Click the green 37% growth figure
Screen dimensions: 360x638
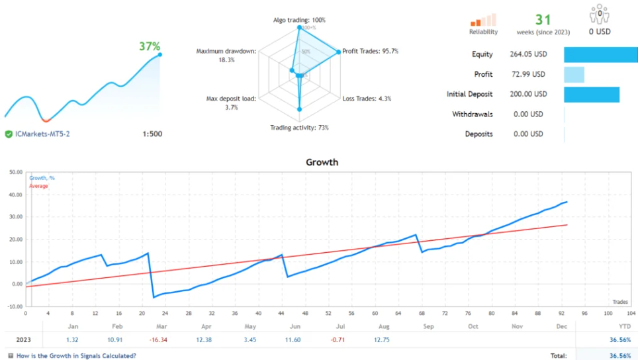coord(149,46)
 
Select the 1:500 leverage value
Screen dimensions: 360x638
coord(152,134)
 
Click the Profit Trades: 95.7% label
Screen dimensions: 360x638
coord(370,51)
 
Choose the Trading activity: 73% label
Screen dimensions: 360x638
coord(299,128)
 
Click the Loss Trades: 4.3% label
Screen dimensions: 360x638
coord(367,99)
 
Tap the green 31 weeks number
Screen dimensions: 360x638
coord(543,21)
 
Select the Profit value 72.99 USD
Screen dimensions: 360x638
coord(529,74)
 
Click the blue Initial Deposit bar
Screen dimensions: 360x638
coord(591,94)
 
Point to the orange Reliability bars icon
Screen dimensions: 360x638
coord(482,21)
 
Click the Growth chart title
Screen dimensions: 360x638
coord(322,161)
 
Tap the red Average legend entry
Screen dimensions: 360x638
coord(38,186)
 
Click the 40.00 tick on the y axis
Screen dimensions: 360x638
coord(14,195)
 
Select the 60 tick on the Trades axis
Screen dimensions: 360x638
coord(375,313)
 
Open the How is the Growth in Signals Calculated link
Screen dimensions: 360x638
coord(75,355)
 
